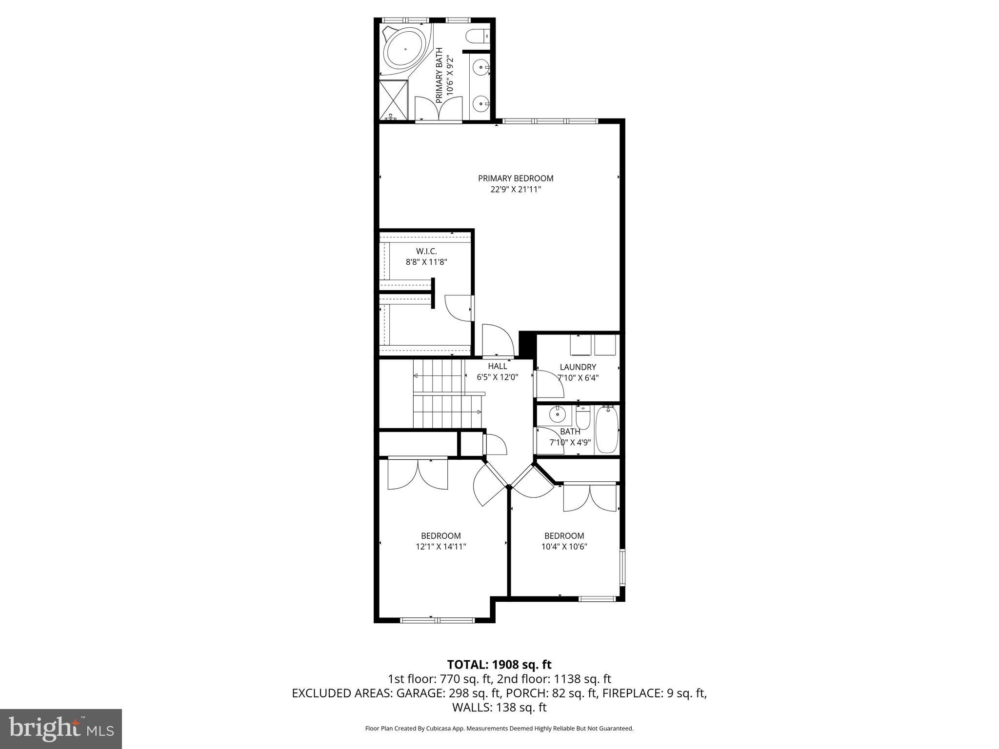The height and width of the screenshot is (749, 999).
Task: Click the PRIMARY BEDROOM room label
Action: [516, 178]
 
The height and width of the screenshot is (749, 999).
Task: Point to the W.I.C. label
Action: [426, 251]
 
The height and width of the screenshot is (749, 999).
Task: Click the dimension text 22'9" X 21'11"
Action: [516, 190]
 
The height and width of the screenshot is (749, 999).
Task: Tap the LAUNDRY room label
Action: [578, 367]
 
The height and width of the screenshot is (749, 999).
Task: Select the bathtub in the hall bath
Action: [606, 430]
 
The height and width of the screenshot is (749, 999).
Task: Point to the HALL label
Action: [497, 366]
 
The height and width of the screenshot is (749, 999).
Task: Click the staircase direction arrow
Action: [416, 375]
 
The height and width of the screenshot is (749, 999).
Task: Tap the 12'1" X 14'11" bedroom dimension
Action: [440, 547]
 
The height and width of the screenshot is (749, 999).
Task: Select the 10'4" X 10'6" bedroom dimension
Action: [564, 547]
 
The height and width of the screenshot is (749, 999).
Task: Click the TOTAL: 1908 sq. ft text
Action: [499, 665]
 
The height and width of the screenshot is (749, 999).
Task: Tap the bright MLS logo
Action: [61, 729]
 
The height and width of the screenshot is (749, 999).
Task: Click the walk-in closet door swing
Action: [457, 309]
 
